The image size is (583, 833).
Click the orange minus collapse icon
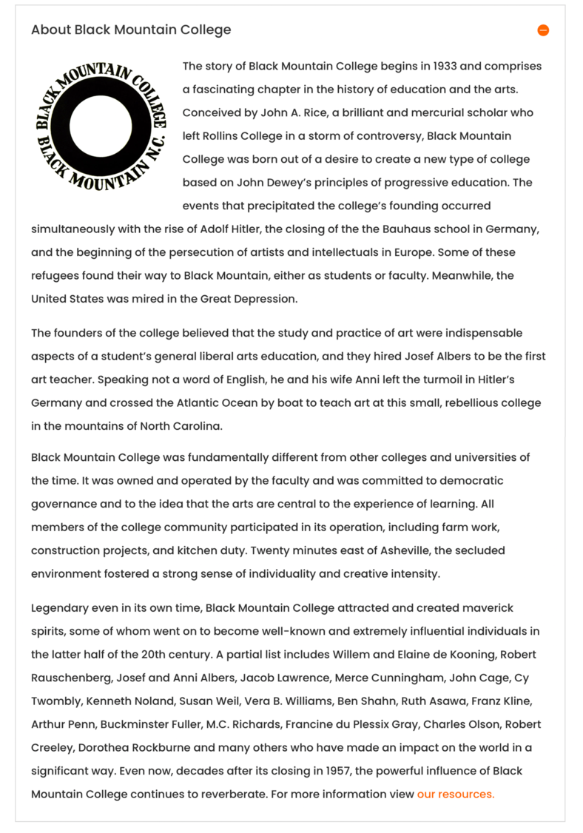coord(543,30)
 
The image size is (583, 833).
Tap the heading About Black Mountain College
coord(131,30)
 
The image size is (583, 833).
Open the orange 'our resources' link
coord(455,794)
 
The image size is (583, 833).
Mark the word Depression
coord(264,299)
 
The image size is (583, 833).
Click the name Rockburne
coord(168,747)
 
